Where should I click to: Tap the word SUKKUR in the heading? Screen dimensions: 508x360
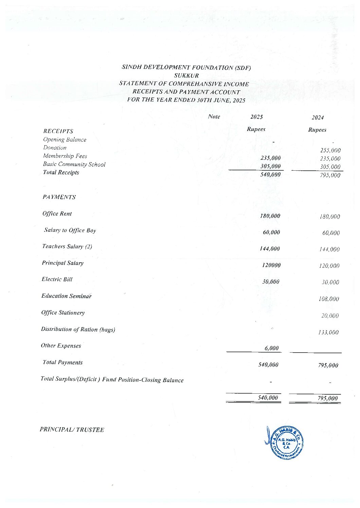point(186,75)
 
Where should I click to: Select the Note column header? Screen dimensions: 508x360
point(214,117)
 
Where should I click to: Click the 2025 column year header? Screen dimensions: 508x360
point(256,117)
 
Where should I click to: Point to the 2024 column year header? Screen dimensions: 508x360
point(318,117)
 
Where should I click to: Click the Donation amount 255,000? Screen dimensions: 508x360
point(330,150)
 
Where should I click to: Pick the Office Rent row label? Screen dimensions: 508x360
point(57,213)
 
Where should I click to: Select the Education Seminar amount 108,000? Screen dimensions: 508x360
point(329,299)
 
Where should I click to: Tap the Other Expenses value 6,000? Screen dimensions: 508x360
point(271,348)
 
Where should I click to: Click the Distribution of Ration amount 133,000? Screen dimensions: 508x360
point(328,332)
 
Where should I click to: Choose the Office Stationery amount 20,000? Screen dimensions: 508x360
point(330,316)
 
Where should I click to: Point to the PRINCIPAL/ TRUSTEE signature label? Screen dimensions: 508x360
point(72,430)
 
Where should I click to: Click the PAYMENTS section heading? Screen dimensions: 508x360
point(59,197)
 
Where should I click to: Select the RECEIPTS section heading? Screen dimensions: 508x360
point(58,131)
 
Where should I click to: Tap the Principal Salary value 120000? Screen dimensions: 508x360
point(271,265)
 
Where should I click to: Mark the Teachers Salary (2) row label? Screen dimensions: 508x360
point(67,246)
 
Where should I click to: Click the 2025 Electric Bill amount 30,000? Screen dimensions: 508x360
point(271,282)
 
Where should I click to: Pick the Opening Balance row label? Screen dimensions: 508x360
point(65,139)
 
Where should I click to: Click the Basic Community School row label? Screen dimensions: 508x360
point(74,164)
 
